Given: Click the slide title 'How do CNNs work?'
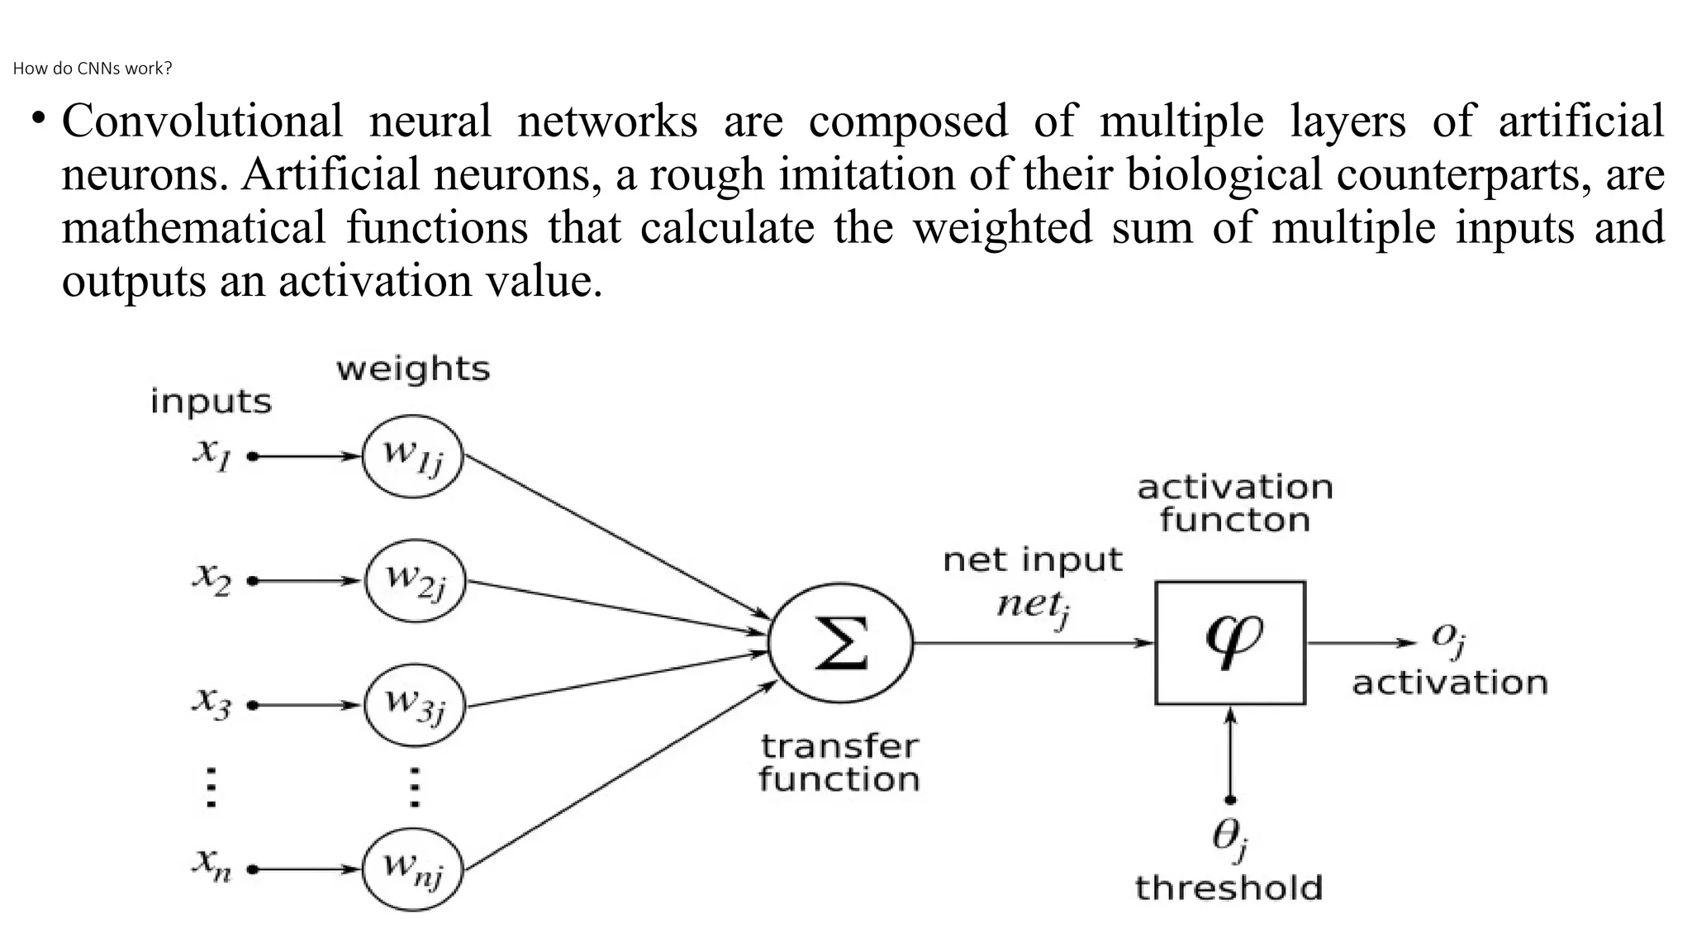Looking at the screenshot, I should (x=93, y=69).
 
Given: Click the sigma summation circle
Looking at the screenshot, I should (x=841, y=643).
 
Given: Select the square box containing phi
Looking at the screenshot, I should (x=1230, y=643).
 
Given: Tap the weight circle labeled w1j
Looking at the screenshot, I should (x=413, y=456).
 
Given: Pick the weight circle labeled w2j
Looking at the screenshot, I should (x=415, y=582).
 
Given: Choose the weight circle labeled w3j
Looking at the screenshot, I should (x=415, y=706).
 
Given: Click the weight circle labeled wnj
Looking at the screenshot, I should (x=413, y=869).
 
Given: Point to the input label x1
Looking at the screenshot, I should (x=211, y=453).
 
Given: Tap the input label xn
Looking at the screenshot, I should (x=211, y=864).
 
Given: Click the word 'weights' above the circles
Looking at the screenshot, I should (x=413, y=369).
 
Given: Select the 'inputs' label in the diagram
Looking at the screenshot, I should (x=211, y=402).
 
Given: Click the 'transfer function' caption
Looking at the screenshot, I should (x=839, y=763).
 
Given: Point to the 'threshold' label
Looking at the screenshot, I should (x=1229, y=888).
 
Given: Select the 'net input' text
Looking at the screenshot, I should (x=1033, y=560).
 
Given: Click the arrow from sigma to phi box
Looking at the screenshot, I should (x=1033, y=643).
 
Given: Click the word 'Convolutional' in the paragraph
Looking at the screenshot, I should (x=202, y=121).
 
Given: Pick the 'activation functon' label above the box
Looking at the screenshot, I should (x=1235, y=503).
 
